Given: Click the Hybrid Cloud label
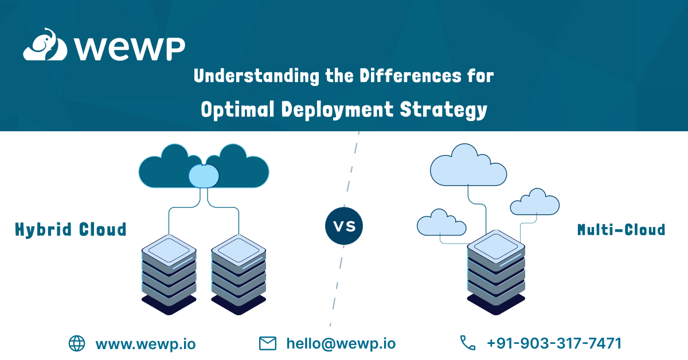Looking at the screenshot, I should tap(71, 230).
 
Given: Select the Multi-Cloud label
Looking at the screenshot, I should tap(621, 230).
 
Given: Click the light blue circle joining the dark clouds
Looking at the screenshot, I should tap(204, 175).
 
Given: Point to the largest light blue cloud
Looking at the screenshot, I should tap(468, 166).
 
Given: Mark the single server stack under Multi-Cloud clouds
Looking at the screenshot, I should tap(496, 269).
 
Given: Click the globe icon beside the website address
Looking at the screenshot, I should tap(77, 343).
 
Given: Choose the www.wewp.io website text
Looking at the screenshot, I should tap(145, 343).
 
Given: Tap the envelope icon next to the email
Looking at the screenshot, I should tap(268, 343).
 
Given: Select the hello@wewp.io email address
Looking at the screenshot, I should tap(341, 343).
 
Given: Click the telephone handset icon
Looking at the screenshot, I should tap(468, 343).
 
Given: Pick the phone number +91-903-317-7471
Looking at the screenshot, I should tap(554, 343).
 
